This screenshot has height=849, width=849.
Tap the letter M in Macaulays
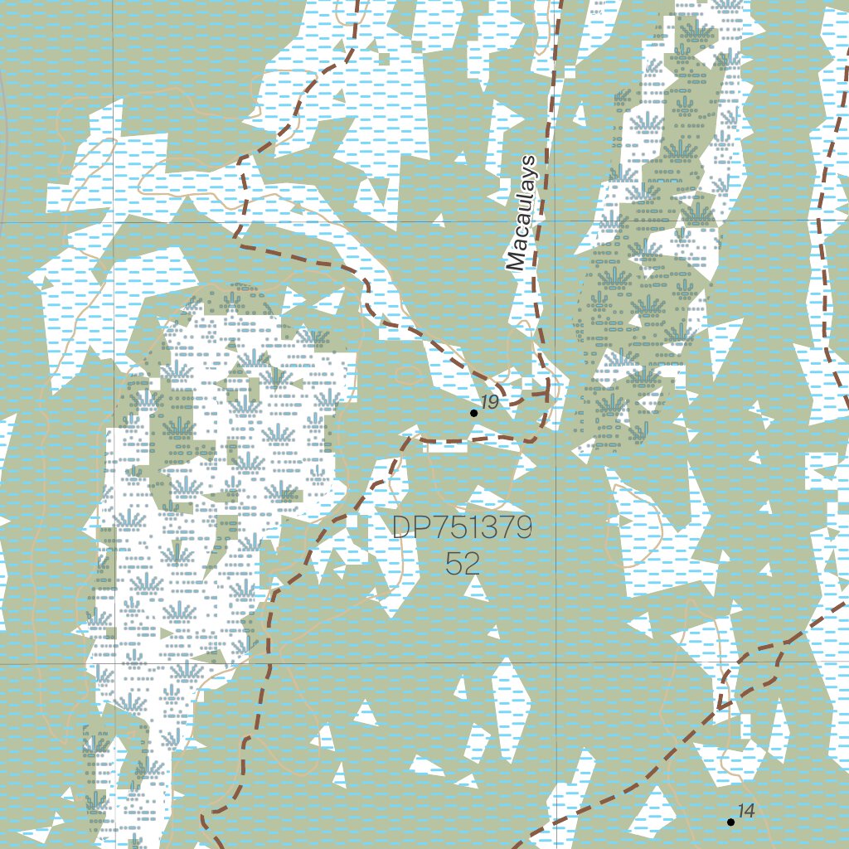coord(517,262)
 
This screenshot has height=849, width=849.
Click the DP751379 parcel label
coord(462,527)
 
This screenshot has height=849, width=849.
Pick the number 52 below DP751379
coord(462,564)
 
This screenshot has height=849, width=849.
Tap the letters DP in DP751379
coord(406,527)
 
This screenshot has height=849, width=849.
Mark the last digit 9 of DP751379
coord(522,527)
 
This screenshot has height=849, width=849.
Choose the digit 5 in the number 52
coord(454,564)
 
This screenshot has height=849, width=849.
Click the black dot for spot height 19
coord(473,413)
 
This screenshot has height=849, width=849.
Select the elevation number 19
coord(489,403)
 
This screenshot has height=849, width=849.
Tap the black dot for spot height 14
coord(730,822)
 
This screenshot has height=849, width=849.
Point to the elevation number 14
coord(746,812)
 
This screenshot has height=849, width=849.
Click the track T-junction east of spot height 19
coord(547,394)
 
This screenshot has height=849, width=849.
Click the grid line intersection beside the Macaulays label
coord(555,221)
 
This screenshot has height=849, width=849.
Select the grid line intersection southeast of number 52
coord(555,662)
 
